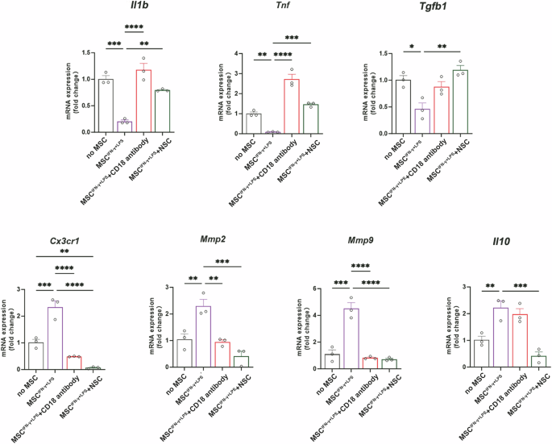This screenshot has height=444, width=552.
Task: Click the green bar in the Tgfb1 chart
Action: click(x=460, y=101)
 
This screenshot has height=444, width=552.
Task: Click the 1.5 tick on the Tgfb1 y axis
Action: click(x=392, y=54)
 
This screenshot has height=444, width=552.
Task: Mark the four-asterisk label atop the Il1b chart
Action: click(x=122, y=30)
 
